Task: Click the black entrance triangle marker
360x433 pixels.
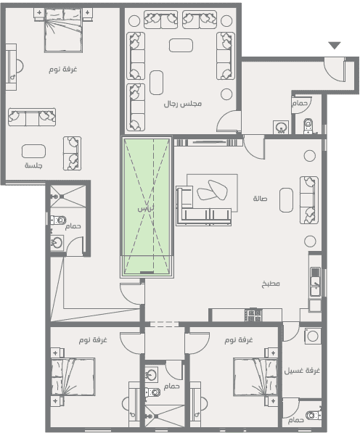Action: tap(335, 45)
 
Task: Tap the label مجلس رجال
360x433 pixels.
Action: tap(183, 104)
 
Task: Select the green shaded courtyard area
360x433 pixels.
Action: tap(147, 207)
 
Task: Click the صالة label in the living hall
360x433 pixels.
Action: tap(260, 198)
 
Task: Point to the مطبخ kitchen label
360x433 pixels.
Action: tap(271, 284)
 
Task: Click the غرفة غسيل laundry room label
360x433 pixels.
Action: tap(302, 371)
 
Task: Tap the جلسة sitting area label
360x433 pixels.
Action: tap(33, 165)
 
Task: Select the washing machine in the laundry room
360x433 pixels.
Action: tap(313, 336)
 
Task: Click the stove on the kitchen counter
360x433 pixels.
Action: tap(253, 315)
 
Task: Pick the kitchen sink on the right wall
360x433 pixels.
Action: tap(315, 281)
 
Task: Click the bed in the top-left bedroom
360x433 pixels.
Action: tap(64, 30)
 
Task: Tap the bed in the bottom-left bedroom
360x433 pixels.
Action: tap(73, 376)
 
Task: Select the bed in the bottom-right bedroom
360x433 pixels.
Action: tap(255, 376)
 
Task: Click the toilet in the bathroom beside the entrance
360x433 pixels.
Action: tap(308, 126)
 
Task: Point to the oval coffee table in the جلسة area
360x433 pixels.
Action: tap(33, 152)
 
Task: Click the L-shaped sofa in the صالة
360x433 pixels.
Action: tap(204, 206)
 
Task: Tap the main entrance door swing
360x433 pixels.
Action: tap(335, 69)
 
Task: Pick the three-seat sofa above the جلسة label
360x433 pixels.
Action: tap(32, 117)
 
